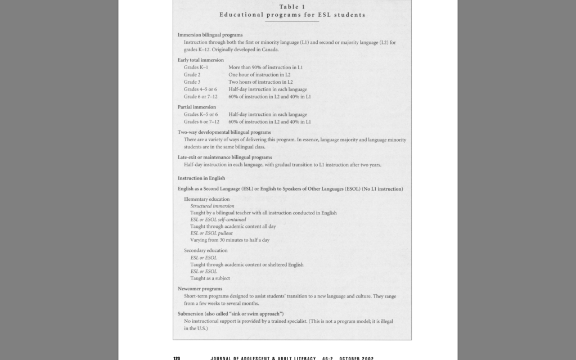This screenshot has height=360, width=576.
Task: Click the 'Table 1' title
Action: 292,7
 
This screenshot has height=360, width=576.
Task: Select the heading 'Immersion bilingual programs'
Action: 210,35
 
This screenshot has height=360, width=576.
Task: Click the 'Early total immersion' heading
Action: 200,60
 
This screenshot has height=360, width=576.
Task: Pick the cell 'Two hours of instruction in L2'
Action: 260,82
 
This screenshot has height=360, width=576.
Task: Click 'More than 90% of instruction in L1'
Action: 265,67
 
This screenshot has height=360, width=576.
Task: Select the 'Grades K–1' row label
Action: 196,67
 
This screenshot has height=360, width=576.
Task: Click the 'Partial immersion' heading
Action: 196,107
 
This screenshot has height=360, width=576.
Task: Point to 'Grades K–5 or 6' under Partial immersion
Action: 200,114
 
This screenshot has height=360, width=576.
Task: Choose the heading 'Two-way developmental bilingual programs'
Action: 224,132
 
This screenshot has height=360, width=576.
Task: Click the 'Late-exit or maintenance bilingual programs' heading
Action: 224,157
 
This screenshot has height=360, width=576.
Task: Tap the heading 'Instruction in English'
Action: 201,178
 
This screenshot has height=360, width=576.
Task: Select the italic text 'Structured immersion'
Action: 212,206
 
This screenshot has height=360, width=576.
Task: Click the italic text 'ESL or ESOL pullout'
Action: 211,233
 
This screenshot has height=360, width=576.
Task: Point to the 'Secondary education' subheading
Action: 205,250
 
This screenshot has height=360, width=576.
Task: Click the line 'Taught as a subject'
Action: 210,278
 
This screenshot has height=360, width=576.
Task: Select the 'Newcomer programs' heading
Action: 200,289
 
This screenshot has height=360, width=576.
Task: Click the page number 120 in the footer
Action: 176,358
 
